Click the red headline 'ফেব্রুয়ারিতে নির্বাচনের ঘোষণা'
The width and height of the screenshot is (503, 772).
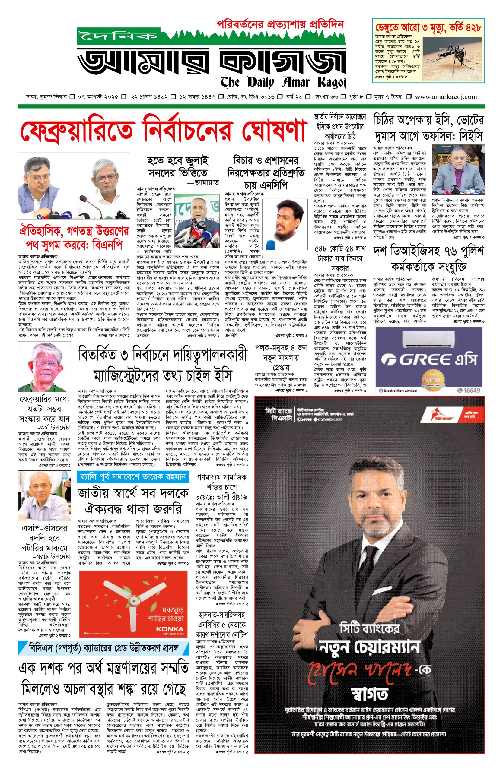pyautogui.click(x=164, y=132)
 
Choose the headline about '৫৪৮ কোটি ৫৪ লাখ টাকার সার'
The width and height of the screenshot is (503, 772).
pyautogui.click(x=340, y=258)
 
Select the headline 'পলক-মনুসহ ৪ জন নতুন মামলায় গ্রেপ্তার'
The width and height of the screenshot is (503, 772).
pyautogui.click(x=280, y=358)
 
